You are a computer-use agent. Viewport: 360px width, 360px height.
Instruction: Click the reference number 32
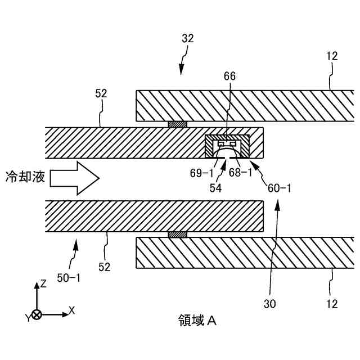(x=188, y=39)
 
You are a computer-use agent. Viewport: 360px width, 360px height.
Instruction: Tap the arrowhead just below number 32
(x=181, y=70)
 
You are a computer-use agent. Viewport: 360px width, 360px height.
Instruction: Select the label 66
(x=229, y=75)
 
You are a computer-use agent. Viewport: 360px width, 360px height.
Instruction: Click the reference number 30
(x=270, y=304)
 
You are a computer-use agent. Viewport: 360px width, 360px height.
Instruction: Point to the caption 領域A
(x=194, y=321)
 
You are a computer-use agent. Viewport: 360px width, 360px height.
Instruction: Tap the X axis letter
(x=71, y=310)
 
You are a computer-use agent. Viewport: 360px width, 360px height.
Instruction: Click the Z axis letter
(x=43, y=284)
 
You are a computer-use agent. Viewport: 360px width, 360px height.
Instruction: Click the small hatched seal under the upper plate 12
(x=177, y=124)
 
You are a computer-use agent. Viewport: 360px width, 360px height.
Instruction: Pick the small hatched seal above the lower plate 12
(x=177, y=235)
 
